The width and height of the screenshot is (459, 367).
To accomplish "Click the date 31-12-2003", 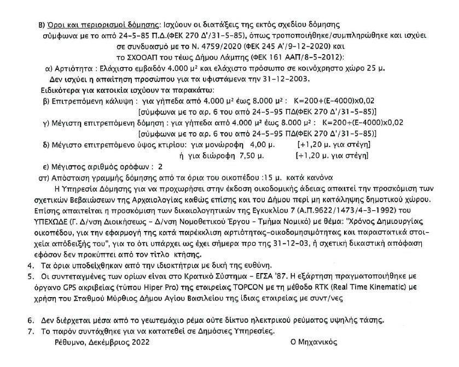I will pyautogui.click(x=283, y=79).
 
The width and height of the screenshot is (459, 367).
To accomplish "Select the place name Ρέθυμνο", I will pyautogui.click(x=71, y=342).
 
